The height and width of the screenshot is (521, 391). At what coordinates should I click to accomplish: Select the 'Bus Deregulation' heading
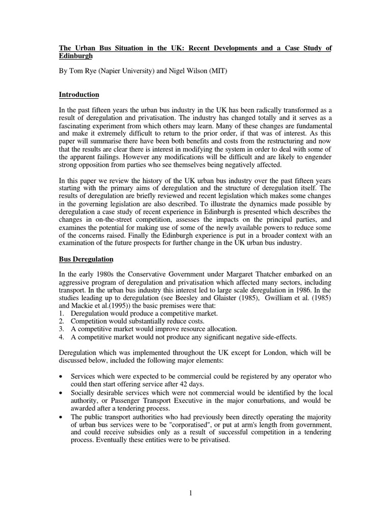pyautogui.click(x=86, y=259)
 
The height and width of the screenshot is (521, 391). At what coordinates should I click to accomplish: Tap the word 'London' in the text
pyautogui.click(x=278, y=352)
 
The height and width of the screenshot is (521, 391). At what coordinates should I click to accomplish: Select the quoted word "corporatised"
pyautogui.click(x=231, y=424)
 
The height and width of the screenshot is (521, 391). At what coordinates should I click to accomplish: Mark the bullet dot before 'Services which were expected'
pyautogui.click(x=62, y=376)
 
